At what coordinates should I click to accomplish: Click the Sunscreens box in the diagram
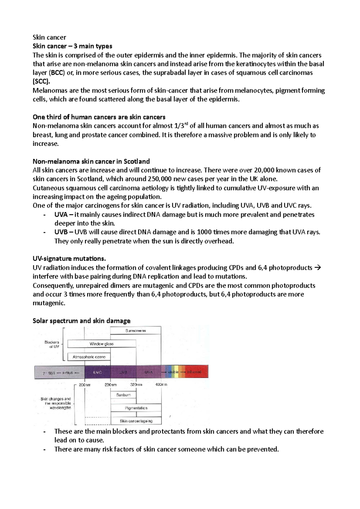[x=136, y=331]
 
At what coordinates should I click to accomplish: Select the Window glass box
[x=101, y=344]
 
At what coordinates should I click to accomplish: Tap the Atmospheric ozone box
[x=89, y=357]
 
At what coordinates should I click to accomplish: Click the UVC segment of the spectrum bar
[x=97, y=372]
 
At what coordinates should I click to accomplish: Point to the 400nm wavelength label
[x=161, y=385]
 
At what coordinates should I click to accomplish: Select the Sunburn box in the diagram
[x=123, y=395]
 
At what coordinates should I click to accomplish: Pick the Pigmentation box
[x=136, y=408]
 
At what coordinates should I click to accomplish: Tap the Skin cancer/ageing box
[x=136, y=421]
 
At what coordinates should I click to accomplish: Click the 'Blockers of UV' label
[x=52, y=344]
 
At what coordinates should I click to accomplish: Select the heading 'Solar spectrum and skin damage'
[x=81, y=321]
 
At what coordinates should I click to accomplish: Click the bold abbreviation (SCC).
[x=41, y=82]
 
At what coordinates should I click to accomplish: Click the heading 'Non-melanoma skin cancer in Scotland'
[x=91, y=161]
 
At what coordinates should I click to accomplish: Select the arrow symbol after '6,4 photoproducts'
[x=318, y=267]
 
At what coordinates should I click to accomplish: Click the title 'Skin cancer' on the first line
[x=49, y=37]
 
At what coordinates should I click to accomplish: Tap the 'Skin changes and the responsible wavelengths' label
[x=56, y=403]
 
